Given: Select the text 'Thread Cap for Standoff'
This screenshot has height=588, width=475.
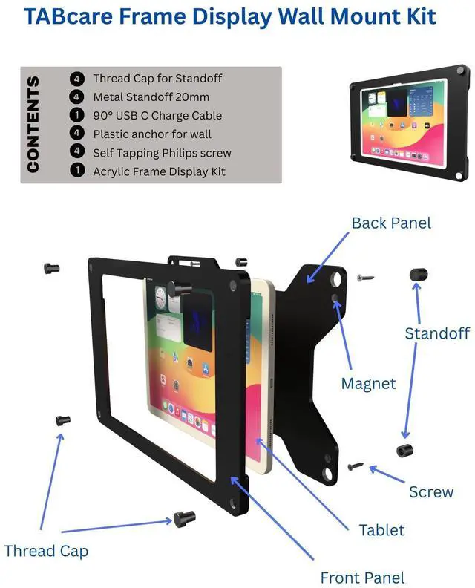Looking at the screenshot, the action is click(157, 78).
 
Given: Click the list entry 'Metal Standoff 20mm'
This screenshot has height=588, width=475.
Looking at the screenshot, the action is click(151, 97).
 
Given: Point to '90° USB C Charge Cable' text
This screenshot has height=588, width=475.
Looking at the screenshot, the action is click(157, 115).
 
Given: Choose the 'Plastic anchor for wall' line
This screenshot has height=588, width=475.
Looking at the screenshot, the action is click(152, 134).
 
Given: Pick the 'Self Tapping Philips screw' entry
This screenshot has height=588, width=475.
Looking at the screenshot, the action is click(162, 152).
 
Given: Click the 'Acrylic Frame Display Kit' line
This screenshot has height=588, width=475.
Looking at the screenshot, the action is click(159, 171).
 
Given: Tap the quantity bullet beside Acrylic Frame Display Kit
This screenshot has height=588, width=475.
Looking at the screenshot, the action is click(76, 171).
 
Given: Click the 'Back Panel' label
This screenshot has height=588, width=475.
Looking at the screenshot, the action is click(391, 223).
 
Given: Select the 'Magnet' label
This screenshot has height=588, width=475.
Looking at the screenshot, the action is click(368, 384).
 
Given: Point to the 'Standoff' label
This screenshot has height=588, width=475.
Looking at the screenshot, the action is click(437, 333).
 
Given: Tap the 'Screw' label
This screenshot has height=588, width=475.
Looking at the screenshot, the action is click(431, 491).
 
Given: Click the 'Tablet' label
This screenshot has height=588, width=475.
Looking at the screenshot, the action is click(381, 529).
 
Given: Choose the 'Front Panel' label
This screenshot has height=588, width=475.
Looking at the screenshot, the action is click(362, 577).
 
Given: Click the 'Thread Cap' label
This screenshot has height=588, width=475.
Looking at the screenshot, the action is click(46, 550).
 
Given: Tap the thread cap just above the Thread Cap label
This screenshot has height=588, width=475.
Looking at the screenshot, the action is click(183, 517).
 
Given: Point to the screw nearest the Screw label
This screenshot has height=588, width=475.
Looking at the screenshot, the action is click(356, 467).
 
